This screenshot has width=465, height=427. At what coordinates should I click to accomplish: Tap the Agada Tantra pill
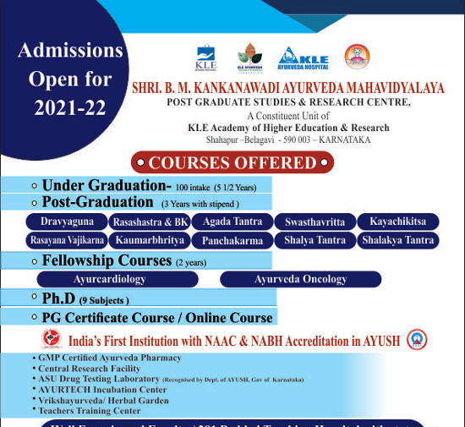231,222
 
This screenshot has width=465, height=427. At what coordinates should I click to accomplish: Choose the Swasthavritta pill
315,222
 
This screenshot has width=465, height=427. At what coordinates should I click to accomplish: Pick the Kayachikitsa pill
397,222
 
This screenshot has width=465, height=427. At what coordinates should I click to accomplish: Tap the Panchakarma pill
231,241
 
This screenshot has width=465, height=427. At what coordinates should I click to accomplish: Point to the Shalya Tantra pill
315,241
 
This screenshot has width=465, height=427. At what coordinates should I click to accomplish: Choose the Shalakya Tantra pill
397,241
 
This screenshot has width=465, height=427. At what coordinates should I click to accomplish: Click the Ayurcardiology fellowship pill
109,279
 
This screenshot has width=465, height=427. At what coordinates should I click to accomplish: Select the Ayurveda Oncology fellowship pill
300,279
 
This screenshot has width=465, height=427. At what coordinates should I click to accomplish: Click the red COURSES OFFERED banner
232,162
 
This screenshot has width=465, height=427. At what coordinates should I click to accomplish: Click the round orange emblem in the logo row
357,57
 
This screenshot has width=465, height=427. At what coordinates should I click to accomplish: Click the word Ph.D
60,298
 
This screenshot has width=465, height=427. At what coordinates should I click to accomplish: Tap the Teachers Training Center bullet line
89,410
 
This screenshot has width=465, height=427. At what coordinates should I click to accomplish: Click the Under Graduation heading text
107,185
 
